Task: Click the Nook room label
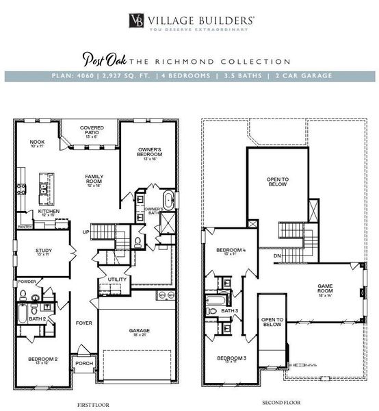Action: (x=37, y=143)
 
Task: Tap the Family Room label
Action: (x=94, y=179)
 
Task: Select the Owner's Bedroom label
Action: (x=148, y=153)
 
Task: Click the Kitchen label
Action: (x=49, y=212)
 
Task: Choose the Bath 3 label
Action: (x=228, y=312)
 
